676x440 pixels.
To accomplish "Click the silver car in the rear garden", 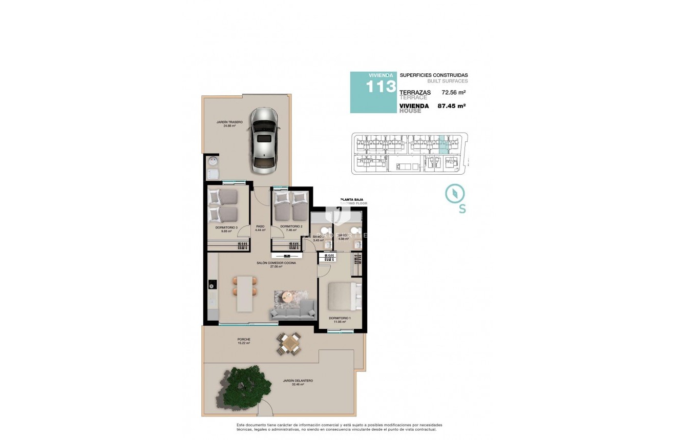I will pos(264,141).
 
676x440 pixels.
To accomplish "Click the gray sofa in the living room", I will pos(293,311).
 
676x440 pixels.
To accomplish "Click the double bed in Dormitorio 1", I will pos(344,297).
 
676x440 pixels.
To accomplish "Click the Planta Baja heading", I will pos(354,200).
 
